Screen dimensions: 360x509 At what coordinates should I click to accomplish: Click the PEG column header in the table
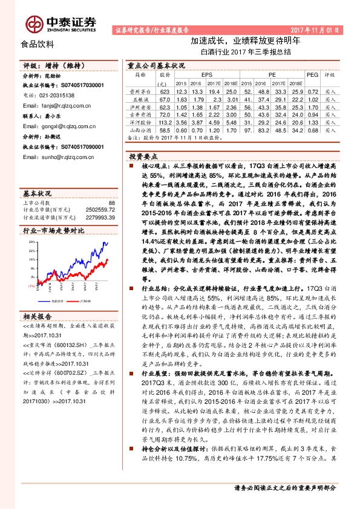[x=312, y=75]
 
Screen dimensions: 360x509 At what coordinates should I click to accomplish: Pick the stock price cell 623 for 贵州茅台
[x=165, y=91]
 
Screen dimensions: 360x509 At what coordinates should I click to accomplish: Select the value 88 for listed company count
[x=111, y=203]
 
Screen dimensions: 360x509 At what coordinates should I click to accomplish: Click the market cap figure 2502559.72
[x=100, y=210]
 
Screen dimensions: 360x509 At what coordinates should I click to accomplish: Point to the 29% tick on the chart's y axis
[x=33, y=241]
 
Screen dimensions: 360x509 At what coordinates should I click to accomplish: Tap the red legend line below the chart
[x=75, y=300]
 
